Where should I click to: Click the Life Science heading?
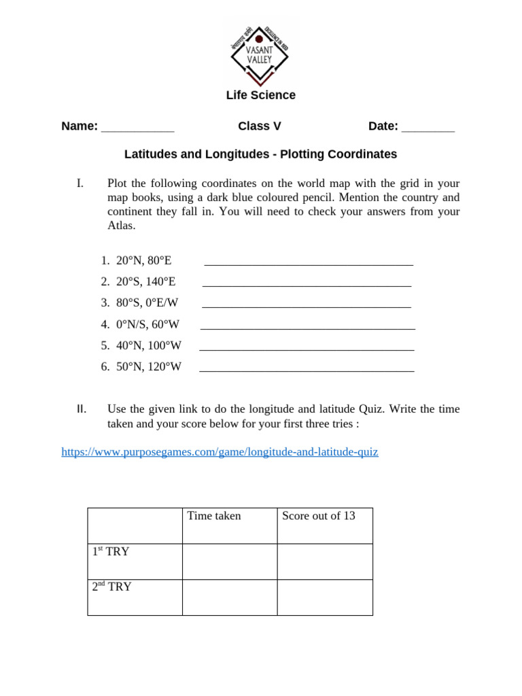tap(260, 95)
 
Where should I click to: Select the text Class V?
tap(259, 126)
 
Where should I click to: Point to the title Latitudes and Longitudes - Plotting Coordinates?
tap(260, 154)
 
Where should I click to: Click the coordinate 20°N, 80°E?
tap(143, 260)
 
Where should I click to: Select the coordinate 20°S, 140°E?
tap(145, 281)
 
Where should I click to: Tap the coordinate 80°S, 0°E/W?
tap(147, 302)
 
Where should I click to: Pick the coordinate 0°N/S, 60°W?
tap(147, 324)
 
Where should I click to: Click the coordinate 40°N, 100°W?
tap(149, 345)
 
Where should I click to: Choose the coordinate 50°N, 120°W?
tap(149, 367)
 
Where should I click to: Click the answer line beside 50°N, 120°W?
tap(307, 370)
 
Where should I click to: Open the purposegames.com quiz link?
tap(220, 452)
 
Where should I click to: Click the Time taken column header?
tap(214, 516)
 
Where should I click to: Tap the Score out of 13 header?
tap(319, 516)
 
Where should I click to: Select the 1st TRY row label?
tap(111, 552)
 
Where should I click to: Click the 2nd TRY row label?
tap(112, 587)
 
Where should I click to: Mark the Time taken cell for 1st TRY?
tap(229, 561)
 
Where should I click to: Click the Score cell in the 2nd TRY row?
tap(324, 597)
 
